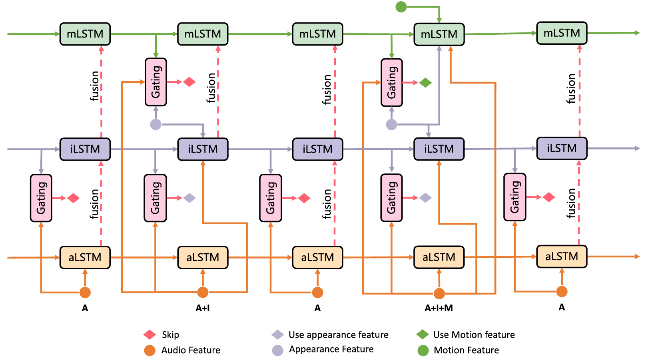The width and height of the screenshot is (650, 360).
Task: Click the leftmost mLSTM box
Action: (x=85, y=34)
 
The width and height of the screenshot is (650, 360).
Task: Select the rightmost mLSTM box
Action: (x=562, y=33)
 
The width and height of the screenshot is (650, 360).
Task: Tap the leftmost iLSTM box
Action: (x=85, y=149)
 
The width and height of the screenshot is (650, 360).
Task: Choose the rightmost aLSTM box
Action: (x=562, y=257)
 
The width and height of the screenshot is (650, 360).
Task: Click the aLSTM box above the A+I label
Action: (x=203, y=257)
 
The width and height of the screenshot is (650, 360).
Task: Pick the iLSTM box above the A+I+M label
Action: (x=439, y=149)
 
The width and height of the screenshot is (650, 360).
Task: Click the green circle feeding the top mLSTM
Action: (x=401, y=7)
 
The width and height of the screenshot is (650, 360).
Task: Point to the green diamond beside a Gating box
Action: (x=425, y=83)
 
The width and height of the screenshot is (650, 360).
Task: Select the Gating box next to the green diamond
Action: (x=392, y=83)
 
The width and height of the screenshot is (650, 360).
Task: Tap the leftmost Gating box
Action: (x=41, y=198)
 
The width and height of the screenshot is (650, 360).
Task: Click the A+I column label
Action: (x=203, y=308)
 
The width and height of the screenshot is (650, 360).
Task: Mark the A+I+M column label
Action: (x=439, y=308)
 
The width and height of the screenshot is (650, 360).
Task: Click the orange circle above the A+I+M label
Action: (x=439, y=294)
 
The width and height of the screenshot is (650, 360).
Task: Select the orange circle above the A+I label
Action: (x=203, y=292)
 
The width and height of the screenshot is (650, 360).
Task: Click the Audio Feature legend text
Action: (x=191, y=350)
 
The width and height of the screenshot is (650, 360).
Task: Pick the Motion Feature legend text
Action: (x=466, y=350)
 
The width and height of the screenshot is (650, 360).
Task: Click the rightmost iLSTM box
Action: (x=562, y=148)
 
